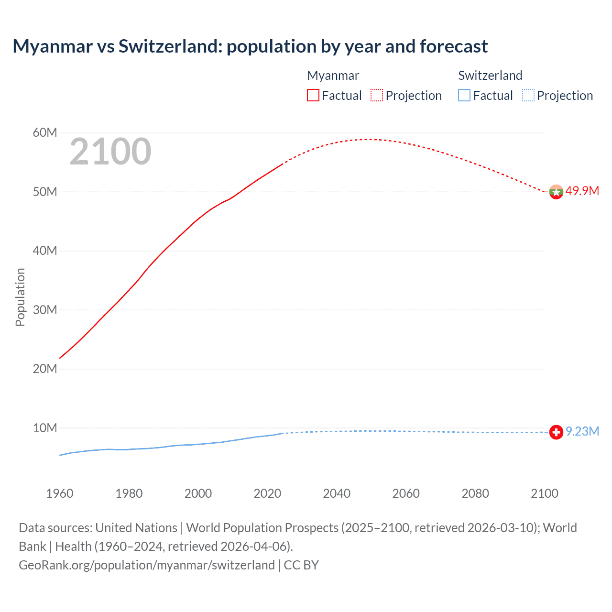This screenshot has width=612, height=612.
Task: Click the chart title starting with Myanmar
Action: click(x=250, y=46)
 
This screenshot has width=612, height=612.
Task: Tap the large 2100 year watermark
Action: click(x=110, y=152)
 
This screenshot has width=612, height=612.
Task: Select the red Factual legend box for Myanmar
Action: click(x=313, y=95)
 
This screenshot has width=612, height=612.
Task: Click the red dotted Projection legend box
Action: click(x=377, y=95)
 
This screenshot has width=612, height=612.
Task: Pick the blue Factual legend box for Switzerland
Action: click(x=464, y=95)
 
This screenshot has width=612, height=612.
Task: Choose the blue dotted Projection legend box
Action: click(x=528, y=95)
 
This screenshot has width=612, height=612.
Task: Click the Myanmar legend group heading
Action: click(x=333, y=76)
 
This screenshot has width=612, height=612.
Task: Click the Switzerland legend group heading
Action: click(x=490, y=76)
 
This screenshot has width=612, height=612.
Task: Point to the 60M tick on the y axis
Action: click(x=45, y=132)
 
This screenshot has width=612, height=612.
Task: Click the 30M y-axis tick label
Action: click(x=45, y=310)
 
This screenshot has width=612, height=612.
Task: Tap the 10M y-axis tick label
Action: click(x=45, y=428)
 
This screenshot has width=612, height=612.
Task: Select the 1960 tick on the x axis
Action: click(x=60, y=493)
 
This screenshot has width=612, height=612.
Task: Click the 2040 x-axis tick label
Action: click(x=337, y=493)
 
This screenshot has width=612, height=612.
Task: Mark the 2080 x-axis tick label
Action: click(x=475, y=493)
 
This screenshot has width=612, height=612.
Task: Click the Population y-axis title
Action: click(x=20, y=297)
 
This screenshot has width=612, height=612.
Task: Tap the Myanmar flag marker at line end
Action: click(x=556, y=192)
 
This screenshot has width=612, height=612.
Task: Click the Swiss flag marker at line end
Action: click(x=556, y=432)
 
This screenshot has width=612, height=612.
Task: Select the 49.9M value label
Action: click(x=582, y=191)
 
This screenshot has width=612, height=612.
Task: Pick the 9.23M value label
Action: click(x=582, y=431)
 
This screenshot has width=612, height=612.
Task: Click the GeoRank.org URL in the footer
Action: click(x=147, y=565)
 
